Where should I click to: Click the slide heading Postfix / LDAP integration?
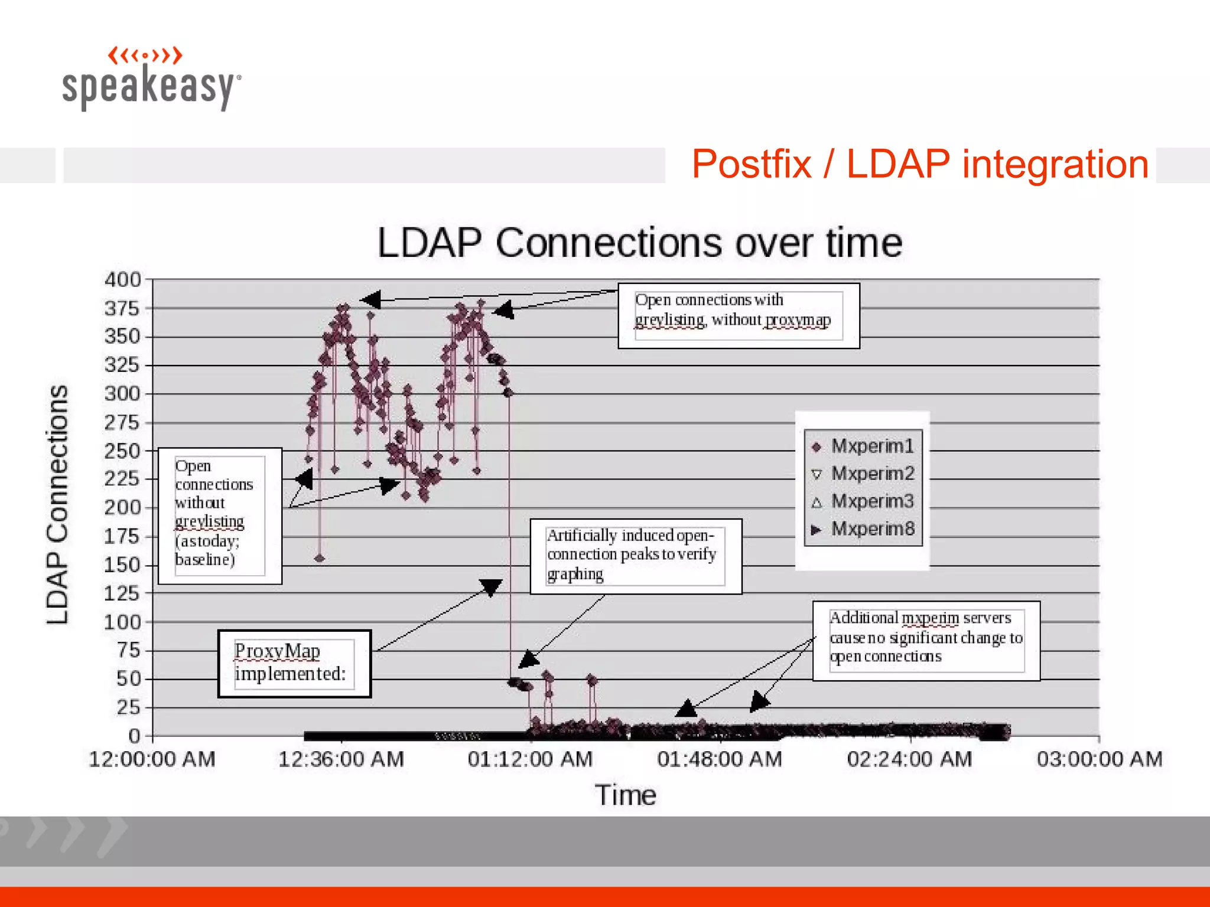click(919, 164)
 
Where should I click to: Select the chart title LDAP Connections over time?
click(639, 243)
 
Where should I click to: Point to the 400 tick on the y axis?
click(123, 279)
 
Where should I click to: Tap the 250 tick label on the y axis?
click(123, 451)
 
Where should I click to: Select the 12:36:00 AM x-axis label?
click(341, 759)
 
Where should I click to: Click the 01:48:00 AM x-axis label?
click(720, 759)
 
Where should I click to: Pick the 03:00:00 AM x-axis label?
click(1099, 759)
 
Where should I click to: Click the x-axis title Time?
click(625, 795)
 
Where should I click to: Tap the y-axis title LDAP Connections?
click(58, 505)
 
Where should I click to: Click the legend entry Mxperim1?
click(871, 446)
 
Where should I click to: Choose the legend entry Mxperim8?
click(871, 529)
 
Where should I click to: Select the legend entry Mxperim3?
click(871, 501)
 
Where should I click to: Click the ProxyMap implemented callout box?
click(294, 663)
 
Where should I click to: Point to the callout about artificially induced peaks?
click(635, 556)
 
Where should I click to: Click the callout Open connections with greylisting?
click(738, 316)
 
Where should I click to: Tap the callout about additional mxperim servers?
click(925, 640)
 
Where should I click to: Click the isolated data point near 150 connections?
click(320, 558)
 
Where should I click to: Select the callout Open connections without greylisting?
click(220, 516)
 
